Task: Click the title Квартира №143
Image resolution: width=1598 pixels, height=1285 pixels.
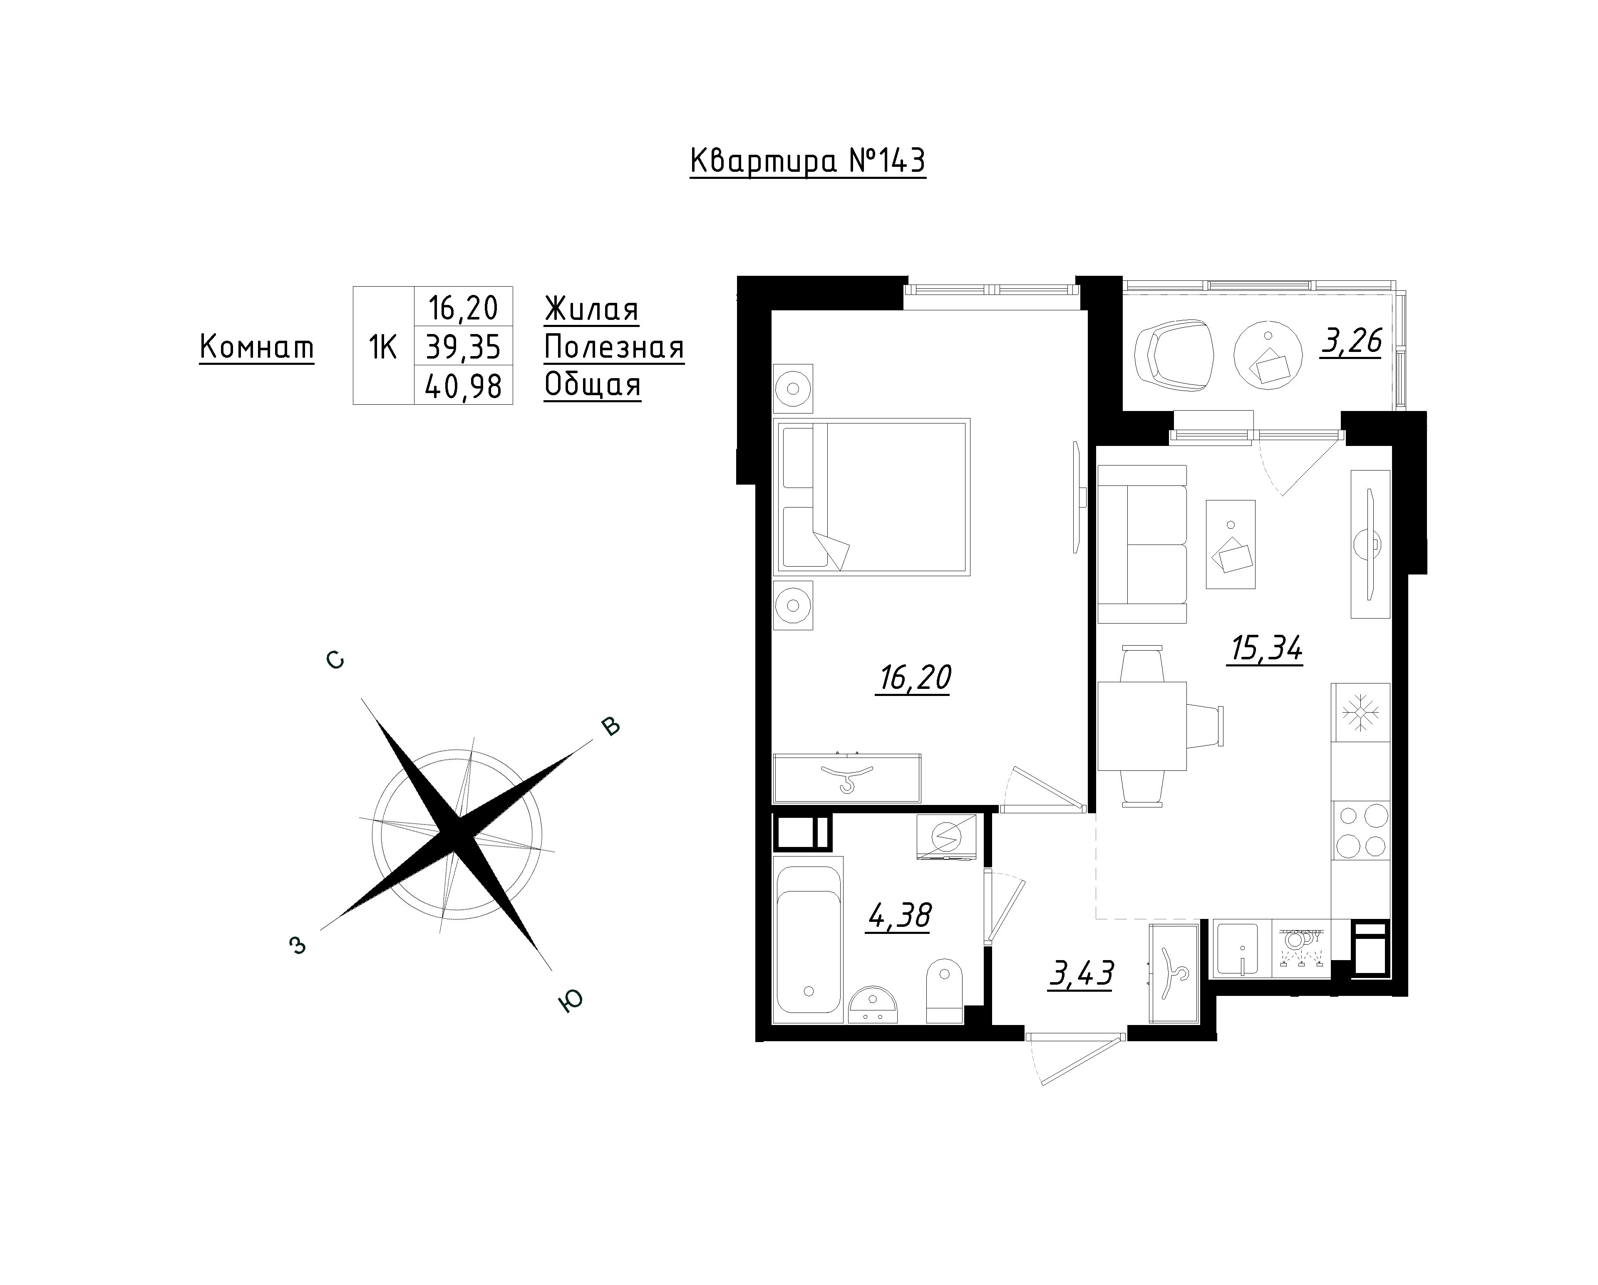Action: pos(808,161)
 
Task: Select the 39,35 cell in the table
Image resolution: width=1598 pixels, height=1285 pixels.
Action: pos(463,346)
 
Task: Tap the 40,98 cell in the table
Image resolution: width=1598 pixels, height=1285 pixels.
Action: pos(463,385)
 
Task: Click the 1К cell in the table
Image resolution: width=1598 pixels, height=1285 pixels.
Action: pos(383,346)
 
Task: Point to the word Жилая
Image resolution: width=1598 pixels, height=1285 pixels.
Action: pos(591,309)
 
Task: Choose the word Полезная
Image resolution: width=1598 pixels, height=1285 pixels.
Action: pos(614,347)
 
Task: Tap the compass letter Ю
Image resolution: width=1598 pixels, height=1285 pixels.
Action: pos(570,1001)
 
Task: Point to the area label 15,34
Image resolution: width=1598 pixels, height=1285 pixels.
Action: pos(1265,649)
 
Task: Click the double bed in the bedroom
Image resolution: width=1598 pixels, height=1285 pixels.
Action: pos(872,497)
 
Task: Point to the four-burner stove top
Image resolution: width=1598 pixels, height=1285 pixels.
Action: pos(1361,830)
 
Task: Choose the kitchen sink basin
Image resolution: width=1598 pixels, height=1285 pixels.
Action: pos(1238,948)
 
